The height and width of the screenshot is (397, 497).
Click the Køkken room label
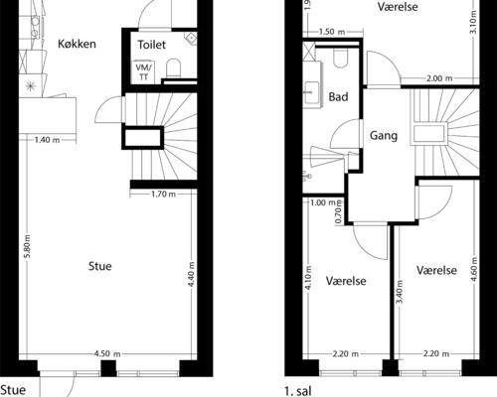[77, 44]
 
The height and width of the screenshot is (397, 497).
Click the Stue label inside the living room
[99, 266]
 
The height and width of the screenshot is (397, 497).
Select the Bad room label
[338, 97]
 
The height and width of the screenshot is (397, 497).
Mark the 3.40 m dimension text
[399, 293]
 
